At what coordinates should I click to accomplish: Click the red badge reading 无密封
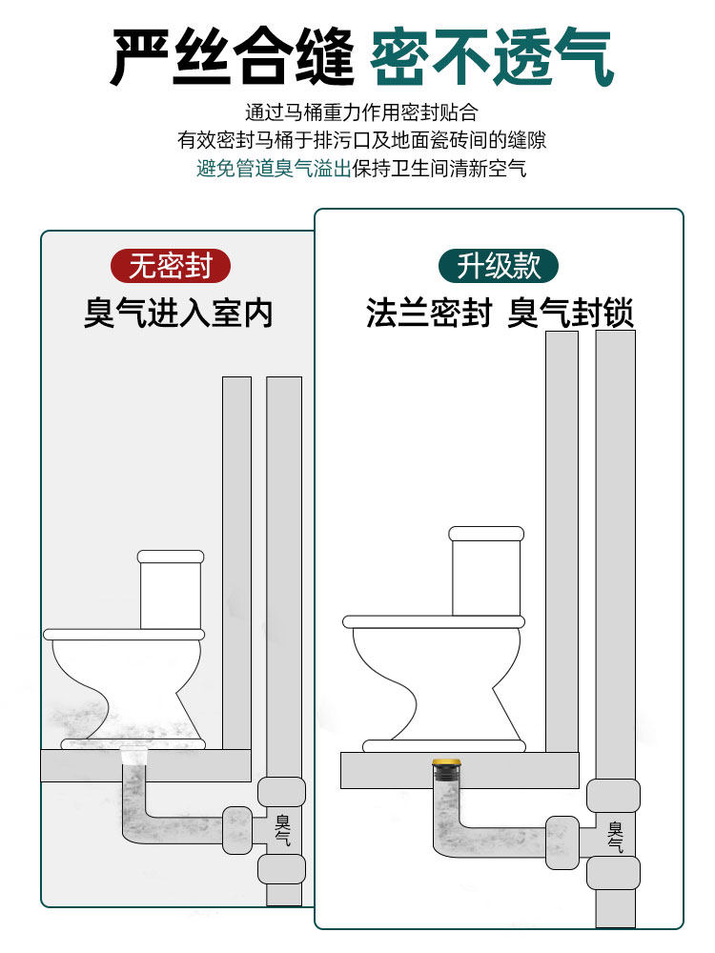pyautogui.click(x=171, y=266)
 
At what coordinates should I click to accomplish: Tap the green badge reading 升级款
pyautogui.click(x=498, y=266)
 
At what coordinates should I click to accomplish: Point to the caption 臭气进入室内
pyautogui.click(x=178, y=313)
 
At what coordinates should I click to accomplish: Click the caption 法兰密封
pyautogui.click(x=428, y=313)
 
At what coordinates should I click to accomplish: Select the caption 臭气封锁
pyautogui.click(x=570, y=313)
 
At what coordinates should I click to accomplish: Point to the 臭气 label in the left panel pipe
pyautogui.click(x=283, y=828)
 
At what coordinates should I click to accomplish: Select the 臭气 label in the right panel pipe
pyautogui.click(x=615, y=836)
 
